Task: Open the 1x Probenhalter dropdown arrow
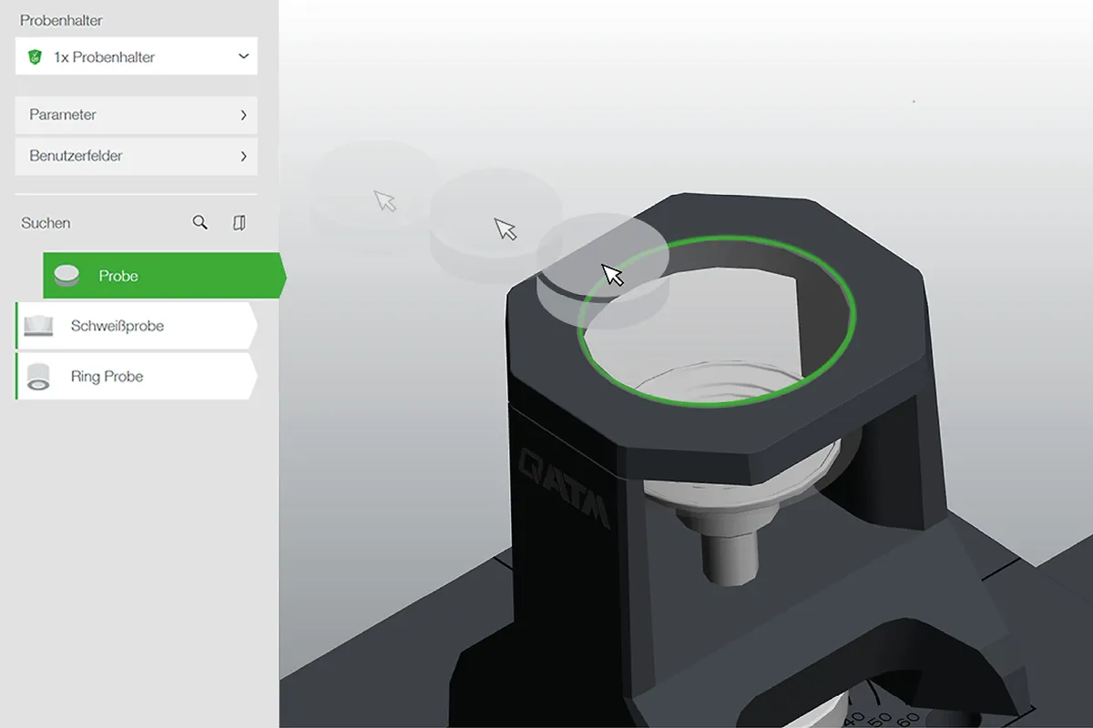coord(243,56)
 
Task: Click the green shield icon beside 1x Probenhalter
coord(35,57)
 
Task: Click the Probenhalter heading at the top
coord(61,21)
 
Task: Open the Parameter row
coord(136,115)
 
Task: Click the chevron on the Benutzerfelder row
coord(243,156)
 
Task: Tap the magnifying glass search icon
coord(199,222)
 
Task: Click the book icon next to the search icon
coord(239,223)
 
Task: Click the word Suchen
coord(46,223)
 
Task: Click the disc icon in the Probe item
coord(66,276)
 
